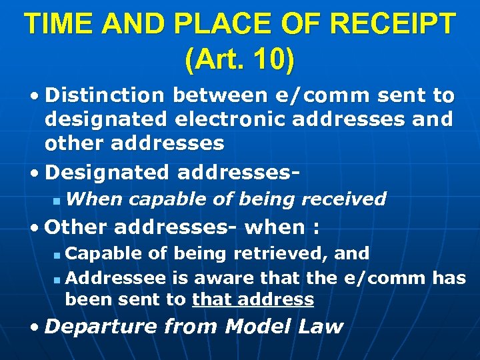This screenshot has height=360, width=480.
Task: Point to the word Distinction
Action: [105, 96]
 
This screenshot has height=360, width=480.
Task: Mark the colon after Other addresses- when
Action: [315, 228]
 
